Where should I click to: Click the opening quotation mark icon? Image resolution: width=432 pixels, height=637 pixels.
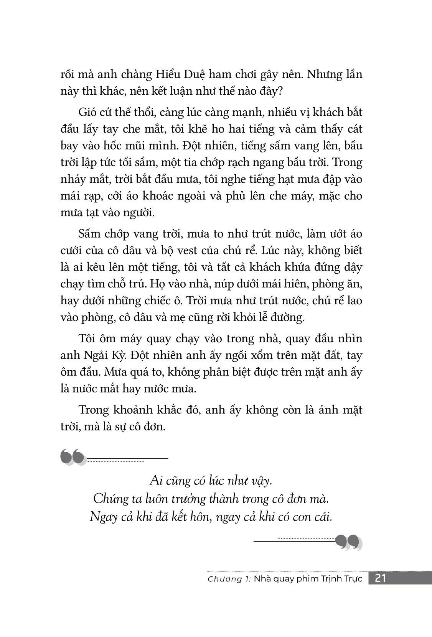pyautogui.click(x=73, y=457)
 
